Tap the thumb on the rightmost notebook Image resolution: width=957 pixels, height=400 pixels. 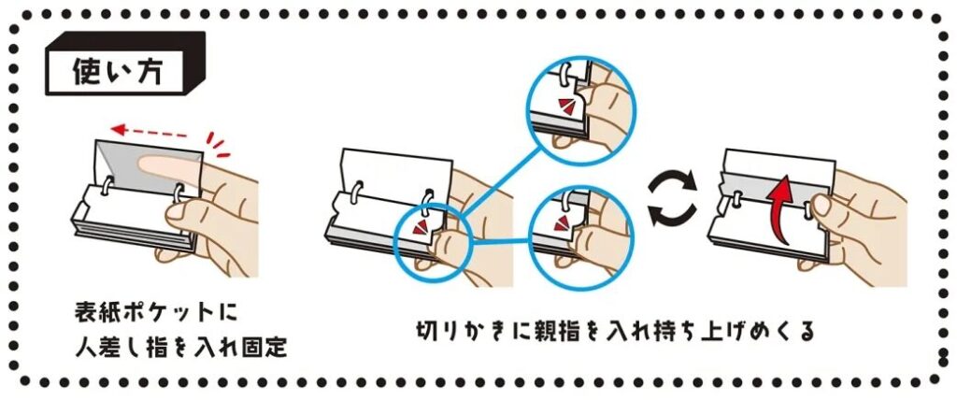point(821,205)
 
